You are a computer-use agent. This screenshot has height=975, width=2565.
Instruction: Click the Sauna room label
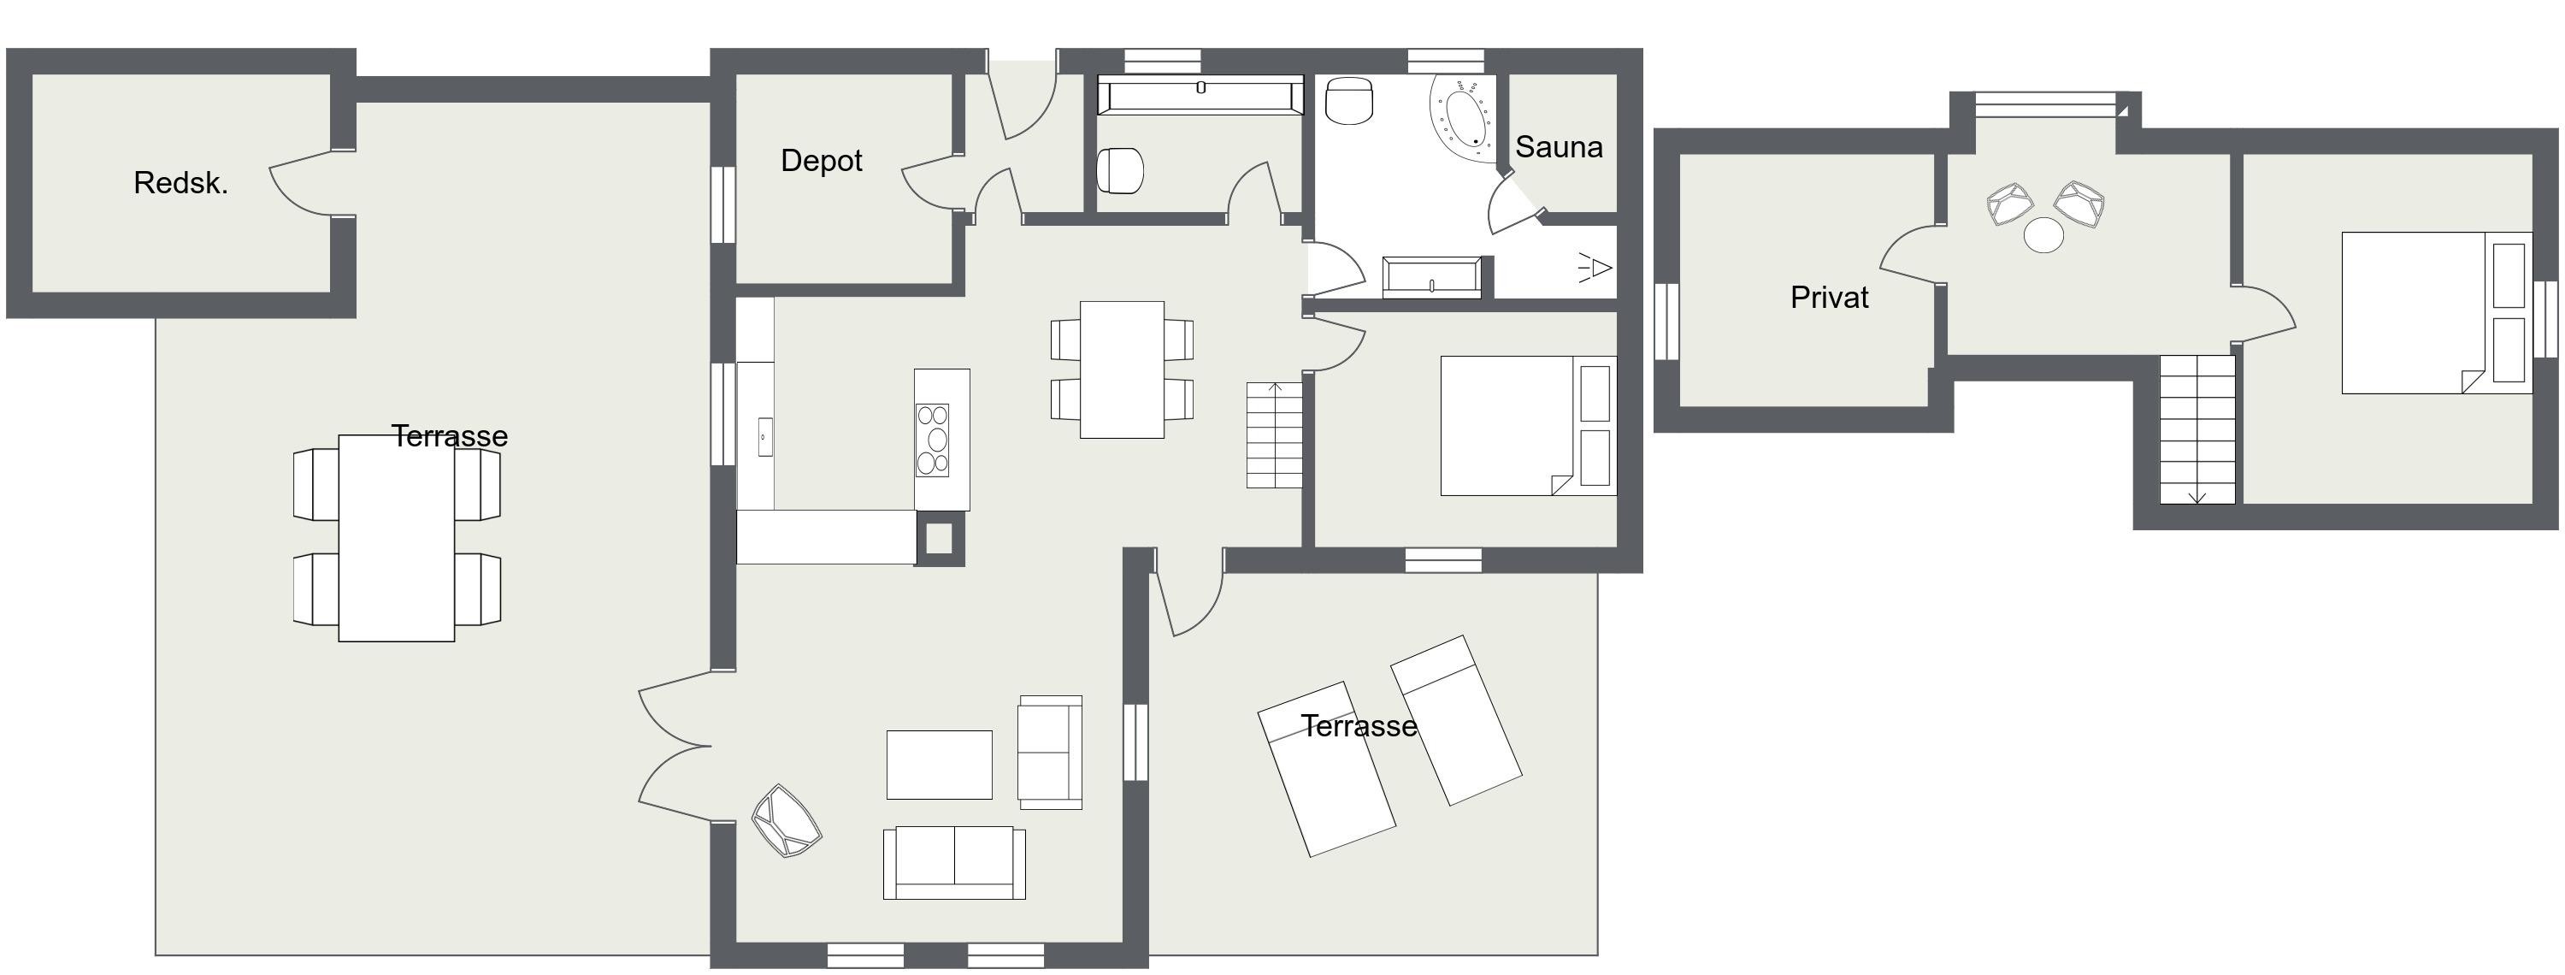(1559, 147)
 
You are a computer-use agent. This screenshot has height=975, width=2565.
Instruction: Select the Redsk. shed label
(180, 183)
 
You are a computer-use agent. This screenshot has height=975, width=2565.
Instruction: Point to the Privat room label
(1829, 298)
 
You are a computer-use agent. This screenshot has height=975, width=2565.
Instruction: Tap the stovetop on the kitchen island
(933, 440)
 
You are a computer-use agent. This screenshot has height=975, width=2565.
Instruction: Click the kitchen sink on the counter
(764, 437)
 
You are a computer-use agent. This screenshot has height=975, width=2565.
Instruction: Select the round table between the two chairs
(2044, 236)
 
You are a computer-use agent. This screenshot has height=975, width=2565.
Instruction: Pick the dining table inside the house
(1122, 369)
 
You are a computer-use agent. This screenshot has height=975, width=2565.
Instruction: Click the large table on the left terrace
(397, 538)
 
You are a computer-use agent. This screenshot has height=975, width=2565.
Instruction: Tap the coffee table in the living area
(939, 765)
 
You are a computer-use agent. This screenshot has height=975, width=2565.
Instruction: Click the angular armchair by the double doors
(787, 822)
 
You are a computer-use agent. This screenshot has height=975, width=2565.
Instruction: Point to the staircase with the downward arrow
(2197, 429)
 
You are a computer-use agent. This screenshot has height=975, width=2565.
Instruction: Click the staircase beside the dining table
(1275, 435)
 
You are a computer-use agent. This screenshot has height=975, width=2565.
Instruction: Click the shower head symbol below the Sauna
(1595, 267)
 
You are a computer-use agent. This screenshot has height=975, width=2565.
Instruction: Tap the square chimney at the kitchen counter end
(940, 539)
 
